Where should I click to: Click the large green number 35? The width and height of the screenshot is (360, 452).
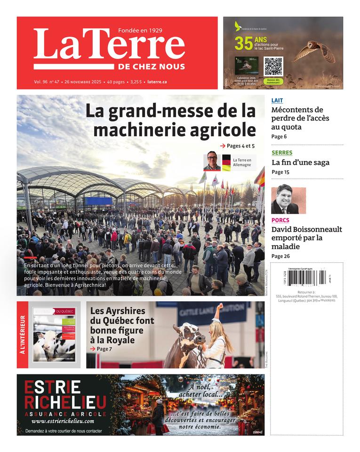tap(244, 43)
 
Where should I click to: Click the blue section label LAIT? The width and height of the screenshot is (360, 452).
tap(277, 100)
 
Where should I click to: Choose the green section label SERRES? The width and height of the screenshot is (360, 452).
tap(282, 153)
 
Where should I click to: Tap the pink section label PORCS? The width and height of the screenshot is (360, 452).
tap(280, 220)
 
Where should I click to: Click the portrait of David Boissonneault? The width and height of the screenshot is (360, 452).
tap(288, 201)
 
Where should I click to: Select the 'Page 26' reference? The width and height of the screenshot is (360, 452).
tap(281, 256)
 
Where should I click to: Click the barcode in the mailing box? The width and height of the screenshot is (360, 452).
tap(307, 278)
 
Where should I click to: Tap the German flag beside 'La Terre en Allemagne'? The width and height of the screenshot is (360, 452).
tap(226, 162)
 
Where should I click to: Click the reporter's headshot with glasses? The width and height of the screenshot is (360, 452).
tap(212, 162)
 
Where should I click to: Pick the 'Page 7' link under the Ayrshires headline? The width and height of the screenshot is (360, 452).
tap(101, 349)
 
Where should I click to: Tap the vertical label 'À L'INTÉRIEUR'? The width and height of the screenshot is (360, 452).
tap(22, 335)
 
